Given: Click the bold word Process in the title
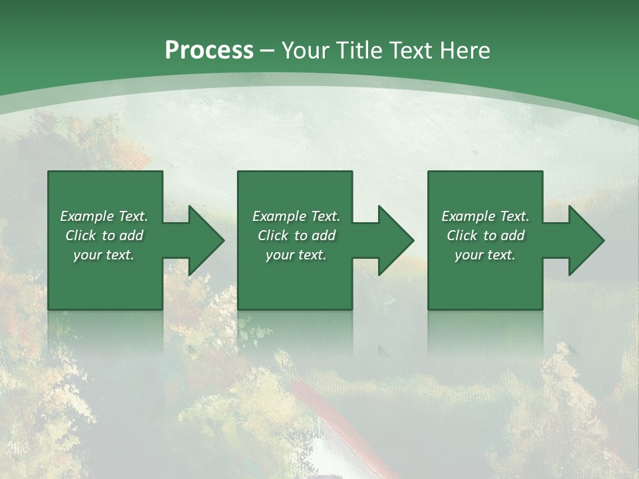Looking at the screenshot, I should pyautogui.click(x=209, y=51).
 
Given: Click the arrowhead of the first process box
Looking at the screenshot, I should pyautogui.click(x=204, y=241).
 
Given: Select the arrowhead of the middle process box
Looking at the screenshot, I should pyautogui.click(x=393, y=241).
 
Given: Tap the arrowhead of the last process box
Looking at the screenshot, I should pyautogui.click(x=584, y=241).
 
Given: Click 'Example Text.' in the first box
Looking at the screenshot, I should pyautogui.click(x=104, y=216).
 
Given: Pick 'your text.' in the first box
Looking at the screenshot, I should pyautogui.click(x=104, y=255).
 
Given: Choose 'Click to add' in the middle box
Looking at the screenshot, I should pyautogui.click(x=296, y=236).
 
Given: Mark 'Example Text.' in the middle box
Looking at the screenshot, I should pyautogui.click(x=296, y=216).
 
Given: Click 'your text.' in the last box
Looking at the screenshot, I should pyautogui.click(x=485, y=255).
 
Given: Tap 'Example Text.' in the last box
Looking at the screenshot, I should pyautogui.click(x=485, y=216).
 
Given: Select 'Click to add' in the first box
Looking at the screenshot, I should pyautogui.click(x=104, y=236).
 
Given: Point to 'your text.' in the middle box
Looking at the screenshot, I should pyautogui.click(x=296, y=255).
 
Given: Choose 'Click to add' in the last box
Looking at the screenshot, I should pyautogui.click(x=485, y=236).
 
